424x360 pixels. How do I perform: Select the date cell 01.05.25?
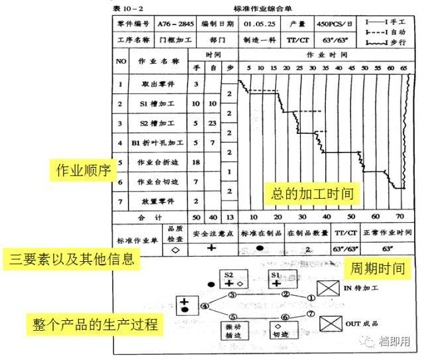258,23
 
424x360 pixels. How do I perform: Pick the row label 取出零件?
158,84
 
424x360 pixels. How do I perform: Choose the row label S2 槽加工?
158,123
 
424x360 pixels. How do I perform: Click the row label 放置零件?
158,200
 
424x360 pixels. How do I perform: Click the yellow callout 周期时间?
379,269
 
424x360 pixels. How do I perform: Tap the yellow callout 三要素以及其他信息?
69,258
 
